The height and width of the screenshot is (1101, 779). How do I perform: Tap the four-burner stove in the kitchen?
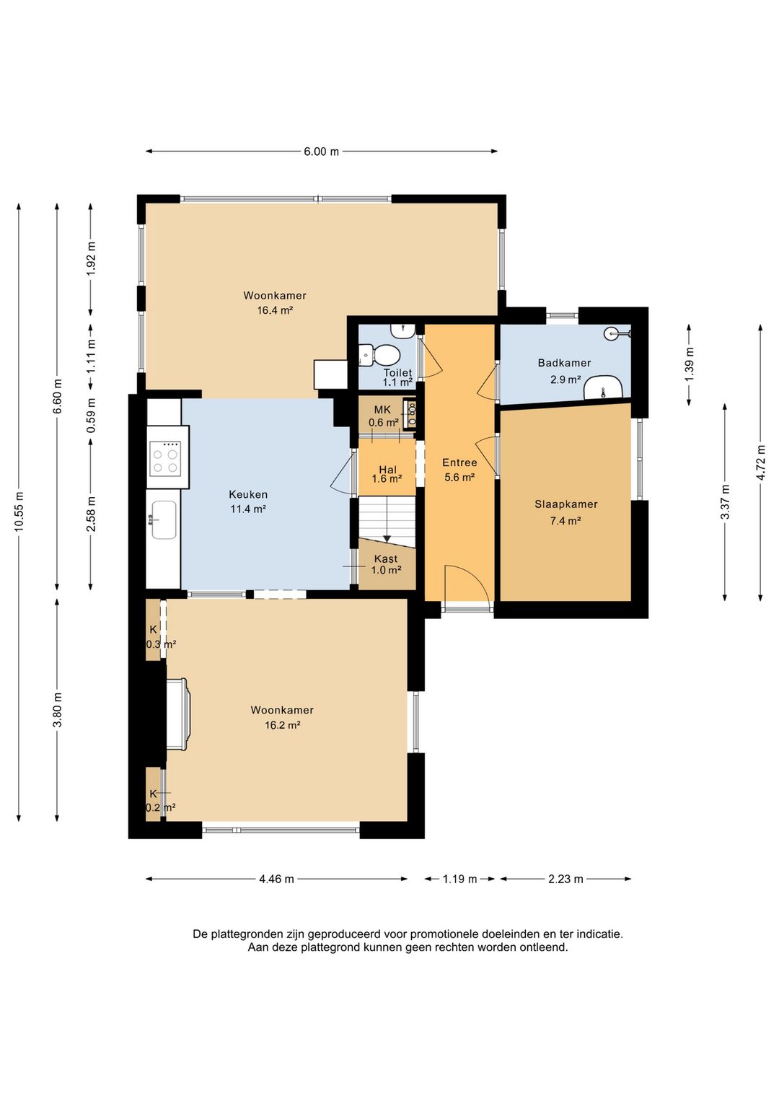(x=165, y=457)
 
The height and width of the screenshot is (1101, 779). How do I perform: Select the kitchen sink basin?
(x=164, y=519)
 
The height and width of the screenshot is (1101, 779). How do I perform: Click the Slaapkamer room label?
(x=565, y=504)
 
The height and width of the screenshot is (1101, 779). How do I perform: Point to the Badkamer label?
(x=564, y=363)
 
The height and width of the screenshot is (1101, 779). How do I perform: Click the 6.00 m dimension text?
(x=321, y=152)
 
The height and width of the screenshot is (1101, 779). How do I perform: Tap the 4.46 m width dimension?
(x=276, y=879)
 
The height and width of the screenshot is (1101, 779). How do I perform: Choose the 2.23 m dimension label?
(x=565, y=879)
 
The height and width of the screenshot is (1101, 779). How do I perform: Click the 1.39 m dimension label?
(x=690, y=364)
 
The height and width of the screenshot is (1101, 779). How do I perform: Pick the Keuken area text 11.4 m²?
(x=247, y=509)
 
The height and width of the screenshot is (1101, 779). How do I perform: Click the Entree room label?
(x=459, y=462)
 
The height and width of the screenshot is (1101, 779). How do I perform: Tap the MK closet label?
(x=382, y=409)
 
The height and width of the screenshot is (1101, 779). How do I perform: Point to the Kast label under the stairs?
(x=386, y=558)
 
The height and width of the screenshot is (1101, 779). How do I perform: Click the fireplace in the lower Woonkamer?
(x=177, y=714)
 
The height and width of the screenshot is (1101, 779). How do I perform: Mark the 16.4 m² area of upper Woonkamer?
(x=275, y=310)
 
